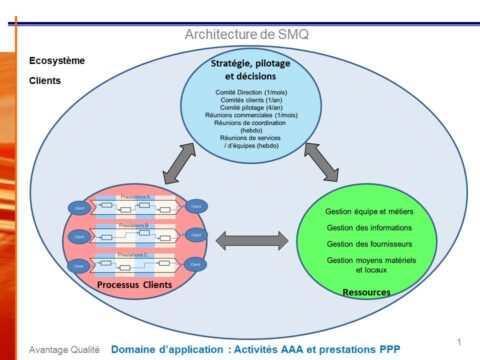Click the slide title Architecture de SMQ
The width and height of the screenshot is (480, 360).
(247, 34)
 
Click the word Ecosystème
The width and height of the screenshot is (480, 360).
(57, 60)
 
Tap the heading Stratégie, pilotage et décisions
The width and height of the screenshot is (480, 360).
(252, 69)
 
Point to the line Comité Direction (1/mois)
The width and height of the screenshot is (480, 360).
(251, 92)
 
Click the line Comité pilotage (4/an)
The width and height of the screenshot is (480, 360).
(251, 108)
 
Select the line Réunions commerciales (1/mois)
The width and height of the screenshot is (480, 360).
(251, 116)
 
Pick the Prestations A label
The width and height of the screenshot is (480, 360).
(135, 197)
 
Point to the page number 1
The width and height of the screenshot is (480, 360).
(457, 341)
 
